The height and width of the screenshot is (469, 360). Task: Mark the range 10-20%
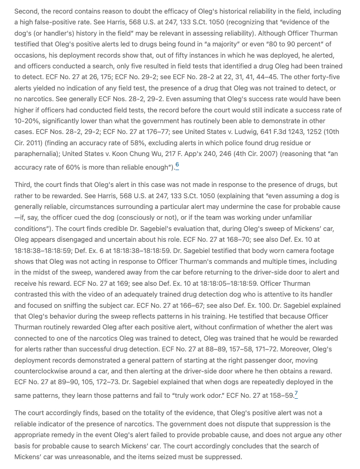tap(27, 121)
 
